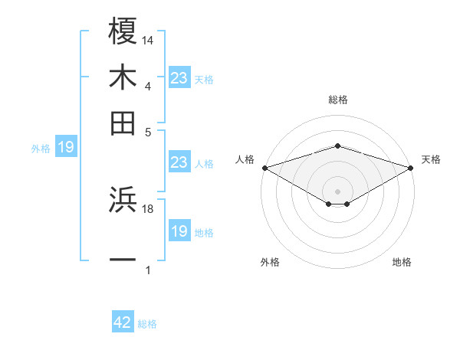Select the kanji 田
pyautogui.click(x=123, y=123)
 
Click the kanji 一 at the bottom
pyautogui.click(x=123, y=260)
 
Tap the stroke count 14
pyautogui.click(x=148, y=40)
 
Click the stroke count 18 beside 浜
pyautogui.click(x=148, y=208)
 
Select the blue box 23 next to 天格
pyautogui.click(x=179, y=78)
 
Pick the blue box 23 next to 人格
pyautogui.click(x=179, y=162)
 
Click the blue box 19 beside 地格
pyautogui.click(x=179, y=231)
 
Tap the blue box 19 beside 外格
pyautogui.click(x=66, y=148)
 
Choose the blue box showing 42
pyautogui.click(x=123, y=322)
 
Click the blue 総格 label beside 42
pyautogui.click(x=147, y=324)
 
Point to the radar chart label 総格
pyautogui.click(x=337, y=100)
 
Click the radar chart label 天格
pyautogui.click(x=431, y=159)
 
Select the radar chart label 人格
pyautogui.click(x=245, y=159)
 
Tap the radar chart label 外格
pyautogui.click(x=270, y=262)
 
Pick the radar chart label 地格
pyautogui.click(x=402, y=262)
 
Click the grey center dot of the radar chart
pyautogui.click(x=337, y=191)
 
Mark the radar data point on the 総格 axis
pyautogui.click(x=337, y=146)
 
